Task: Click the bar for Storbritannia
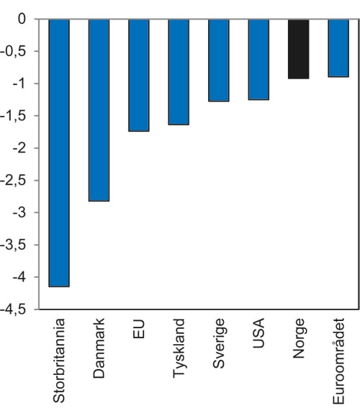click(58, 153)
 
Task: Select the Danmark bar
click(99, 110)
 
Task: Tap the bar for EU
click(138, 76)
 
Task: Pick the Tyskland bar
click(179, 72)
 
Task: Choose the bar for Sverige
click(218, 60)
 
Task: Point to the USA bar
click(258, 60)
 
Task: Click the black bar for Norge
click(298, 49)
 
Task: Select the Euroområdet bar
click(338, 48)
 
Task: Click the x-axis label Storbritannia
click(60, 359)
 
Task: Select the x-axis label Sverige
click(219, 343)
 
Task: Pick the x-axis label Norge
click(299, 339)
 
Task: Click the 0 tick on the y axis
click(22, 19)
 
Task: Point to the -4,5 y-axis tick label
click(16, 309)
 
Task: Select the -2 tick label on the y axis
click(20, 148)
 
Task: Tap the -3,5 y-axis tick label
click(16, 245)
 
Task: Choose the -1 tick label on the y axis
click(20, 84)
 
